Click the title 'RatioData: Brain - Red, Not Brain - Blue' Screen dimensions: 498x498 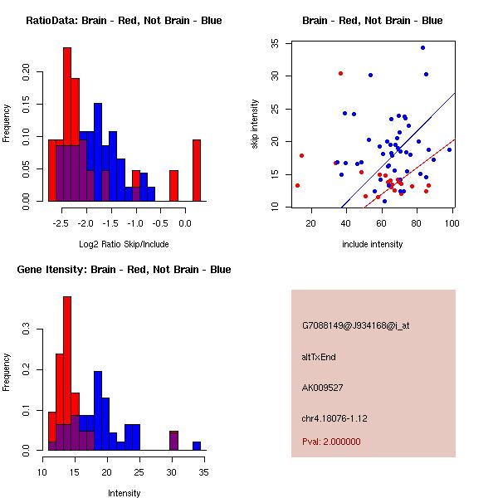pyautogui.click(x=124, y=21)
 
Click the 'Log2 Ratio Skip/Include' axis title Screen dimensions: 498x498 pyautogui.click(x=124, y=244)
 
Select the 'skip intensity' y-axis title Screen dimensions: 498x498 pyautogui.click(x=256, y=124)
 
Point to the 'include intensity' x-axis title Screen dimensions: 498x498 pyautogui.click(x=373, y=244)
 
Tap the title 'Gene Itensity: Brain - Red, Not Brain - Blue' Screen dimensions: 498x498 pyautogui.click(x=124, y=270)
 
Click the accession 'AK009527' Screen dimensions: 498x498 pyautogui.click(x=323, y=387)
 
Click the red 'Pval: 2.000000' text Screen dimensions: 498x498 pyautogui.click(x=331, y=442)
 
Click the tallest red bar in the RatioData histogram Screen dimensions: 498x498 pyautogui.click(x=66, y=124)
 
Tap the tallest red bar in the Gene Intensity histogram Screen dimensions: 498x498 pyautogui.click(x=66, y=373)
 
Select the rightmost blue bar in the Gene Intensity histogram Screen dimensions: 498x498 pyautogui.click(x=197, y=446)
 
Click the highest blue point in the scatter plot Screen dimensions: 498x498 pyautogui.click(x=422, y=47)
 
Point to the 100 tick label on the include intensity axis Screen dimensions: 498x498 pyautogui.click(x=452, y=222)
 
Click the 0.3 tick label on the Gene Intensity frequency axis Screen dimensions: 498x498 pyautogui.click(x=28, y=330)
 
